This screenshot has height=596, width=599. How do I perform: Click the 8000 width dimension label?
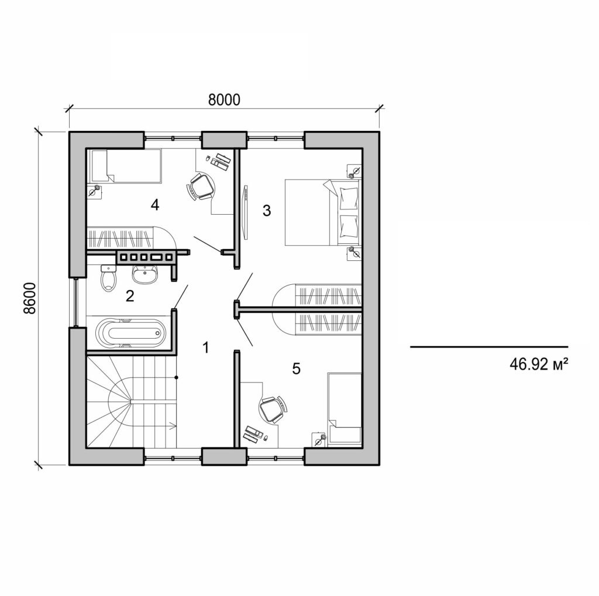(225, 99)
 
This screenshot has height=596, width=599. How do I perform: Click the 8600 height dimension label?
(30, 298)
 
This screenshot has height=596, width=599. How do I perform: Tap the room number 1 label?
(205, 347)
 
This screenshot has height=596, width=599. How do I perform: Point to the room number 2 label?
(130, 295)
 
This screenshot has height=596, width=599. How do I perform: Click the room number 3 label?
(267, 211)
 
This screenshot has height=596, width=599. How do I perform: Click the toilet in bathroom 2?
(108, 278)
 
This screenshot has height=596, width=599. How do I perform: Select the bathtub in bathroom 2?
(128, 334)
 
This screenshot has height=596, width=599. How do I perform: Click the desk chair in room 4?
(201, 186)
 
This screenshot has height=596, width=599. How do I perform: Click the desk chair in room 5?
(272, 409)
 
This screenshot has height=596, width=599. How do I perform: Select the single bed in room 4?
(124, 166)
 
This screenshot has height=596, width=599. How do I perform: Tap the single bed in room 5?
(345, 409)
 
